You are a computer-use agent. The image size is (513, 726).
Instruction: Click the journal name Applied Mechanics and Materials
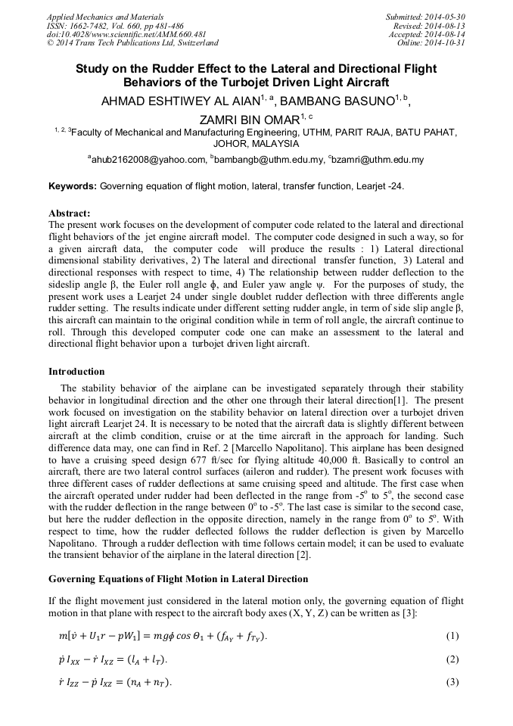click(104, 17)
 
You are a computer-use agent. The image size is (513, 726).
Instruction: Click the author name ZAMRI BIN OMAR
click(249, 120)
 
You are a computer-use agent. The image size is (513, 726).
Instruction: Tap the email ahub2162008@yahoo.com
click(148, 160)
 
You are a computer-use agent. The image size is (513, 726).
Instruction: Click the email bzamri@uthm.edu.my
click(378, 160)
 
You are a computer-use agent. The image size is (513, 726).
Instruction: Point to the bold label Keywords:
click(73, 186)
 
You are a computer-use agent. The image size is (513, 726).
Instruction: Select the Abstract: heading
click(70, 213)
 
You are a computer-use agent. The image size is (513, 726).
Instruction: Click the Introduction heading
click(76, 372)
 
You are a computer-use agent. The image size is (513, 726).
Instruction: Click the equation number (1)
click(452, 636)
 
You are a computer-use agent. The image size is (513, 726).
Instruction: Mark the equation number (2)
click(452, 659)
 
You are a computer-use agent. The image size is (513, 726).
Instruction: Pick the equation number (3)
click(452, 683)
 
